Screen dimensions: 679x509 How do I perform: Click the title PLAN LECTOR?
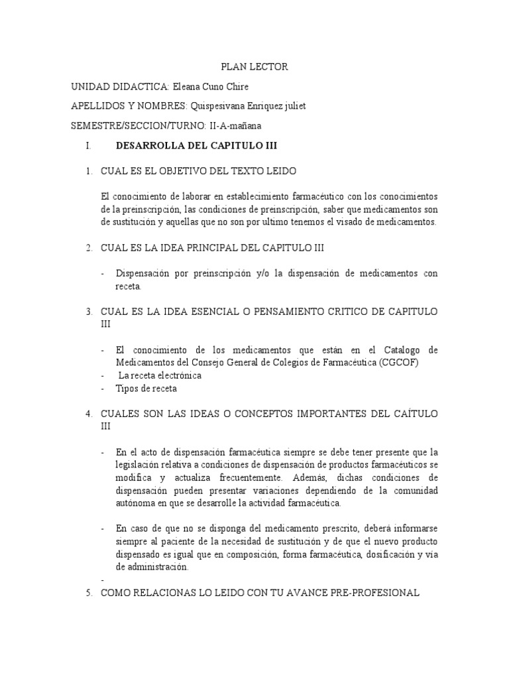[x=254, y=67]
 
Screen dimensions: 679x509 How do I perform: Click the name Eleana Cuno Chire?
[x=210, y=87]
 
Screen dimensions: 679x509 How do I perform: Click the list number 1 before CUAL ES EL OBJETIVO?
[x=88, y=170]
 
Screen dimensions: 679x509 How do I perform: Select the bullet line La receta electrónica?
[x=159, y=375]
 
